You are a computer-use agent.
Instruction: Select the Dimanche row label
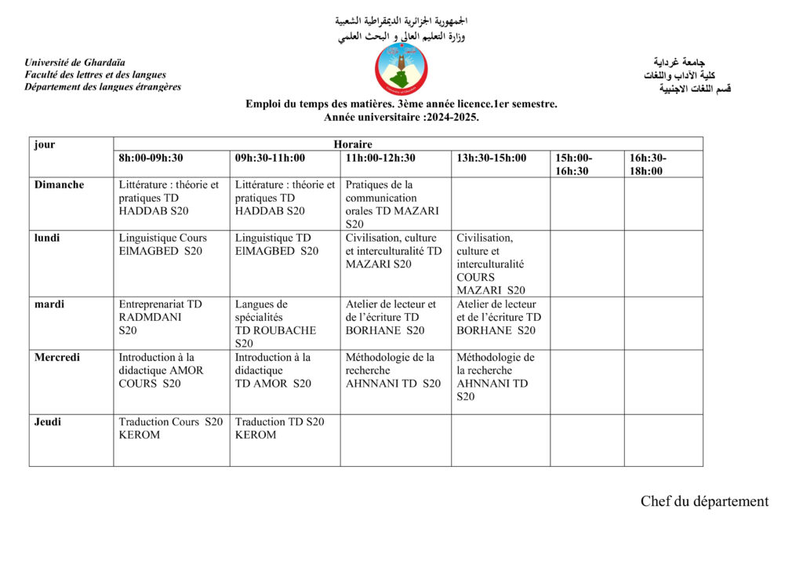60,185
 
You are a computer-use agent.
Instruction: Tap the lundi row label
47,238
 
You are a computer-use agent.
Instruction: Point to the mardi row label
49,304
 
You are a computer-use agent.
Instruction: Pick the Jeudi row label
48,422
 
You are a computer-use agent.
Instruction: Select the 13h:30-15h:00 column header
492,158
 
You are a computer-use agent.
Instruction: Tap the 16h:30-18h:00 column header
648,164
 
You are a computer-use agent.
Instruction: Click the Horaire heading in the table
352,144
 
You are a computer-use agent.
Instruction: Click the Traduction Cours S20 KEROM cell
171,428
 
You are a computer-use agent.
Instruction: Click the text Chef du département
704,501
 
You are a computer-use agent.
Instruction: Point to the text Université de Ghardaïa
74,63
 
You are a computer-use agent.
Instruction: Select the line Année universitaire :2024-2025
401,117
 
